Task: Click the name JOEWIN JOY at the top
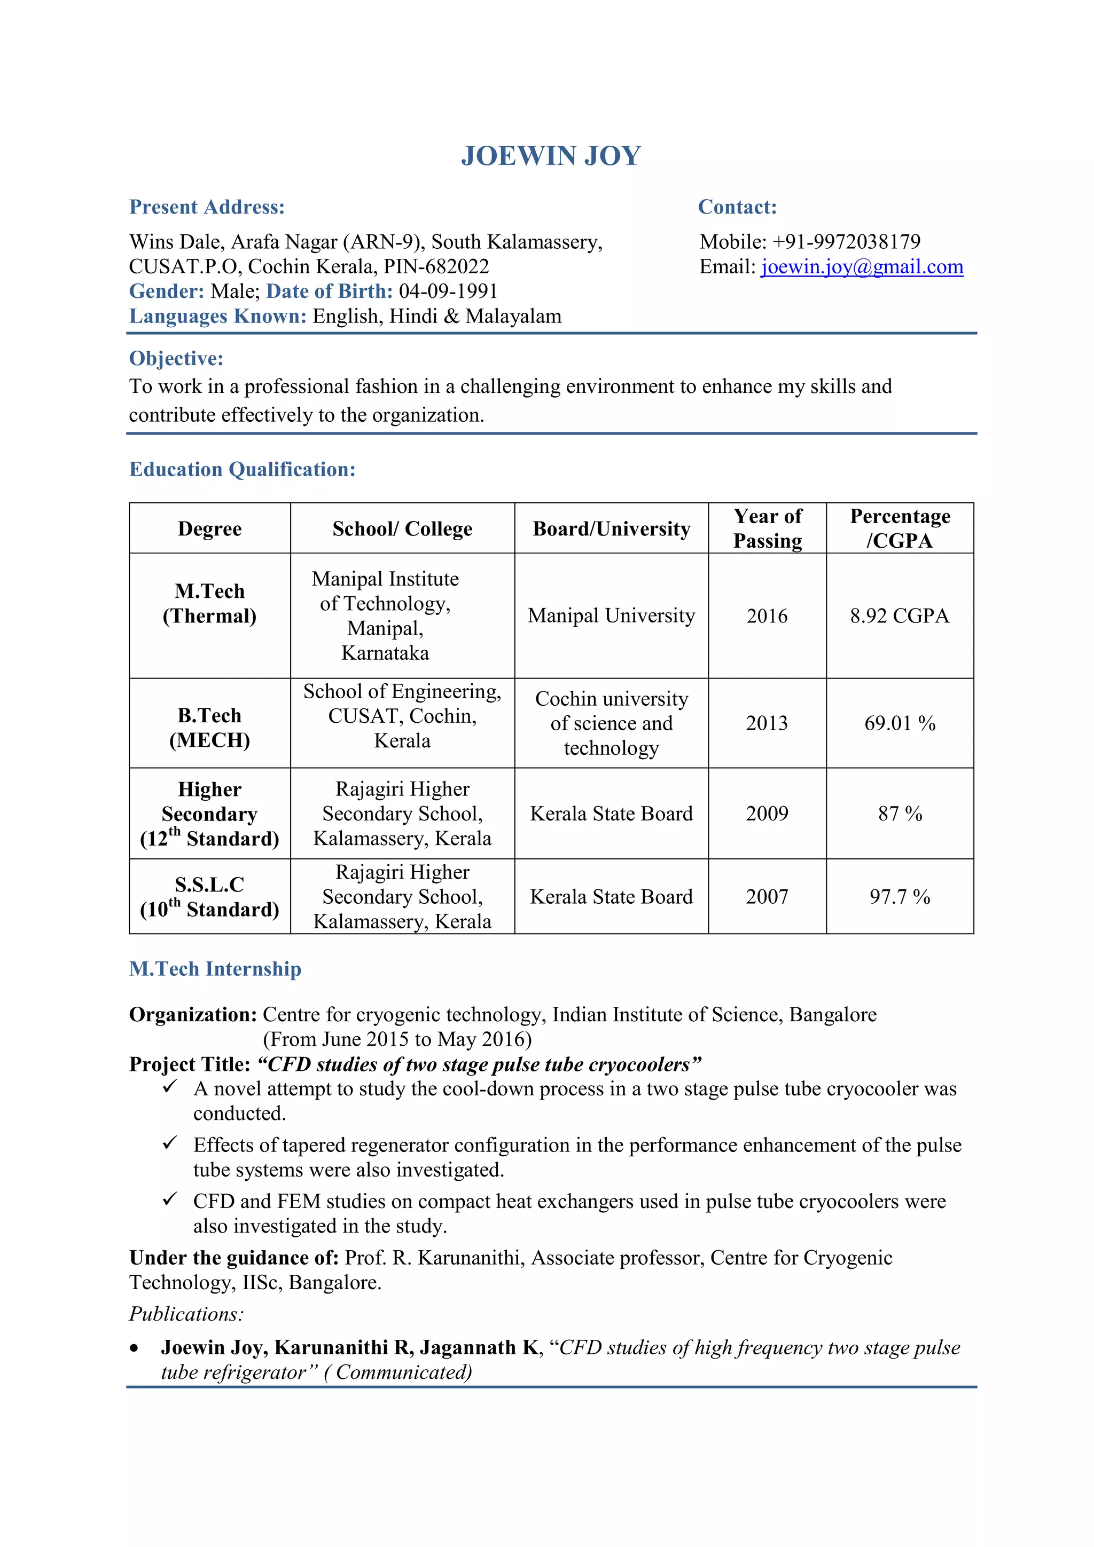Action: click(550, 156)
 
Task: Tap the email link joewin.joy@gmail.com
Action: click(862, 267)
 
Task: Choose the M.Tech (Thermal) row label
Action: click(209, 603)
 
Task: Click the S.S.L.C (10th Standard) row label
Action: click(209, 896)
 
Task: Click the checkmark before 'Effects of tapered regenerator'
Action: click(169, 1143)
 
